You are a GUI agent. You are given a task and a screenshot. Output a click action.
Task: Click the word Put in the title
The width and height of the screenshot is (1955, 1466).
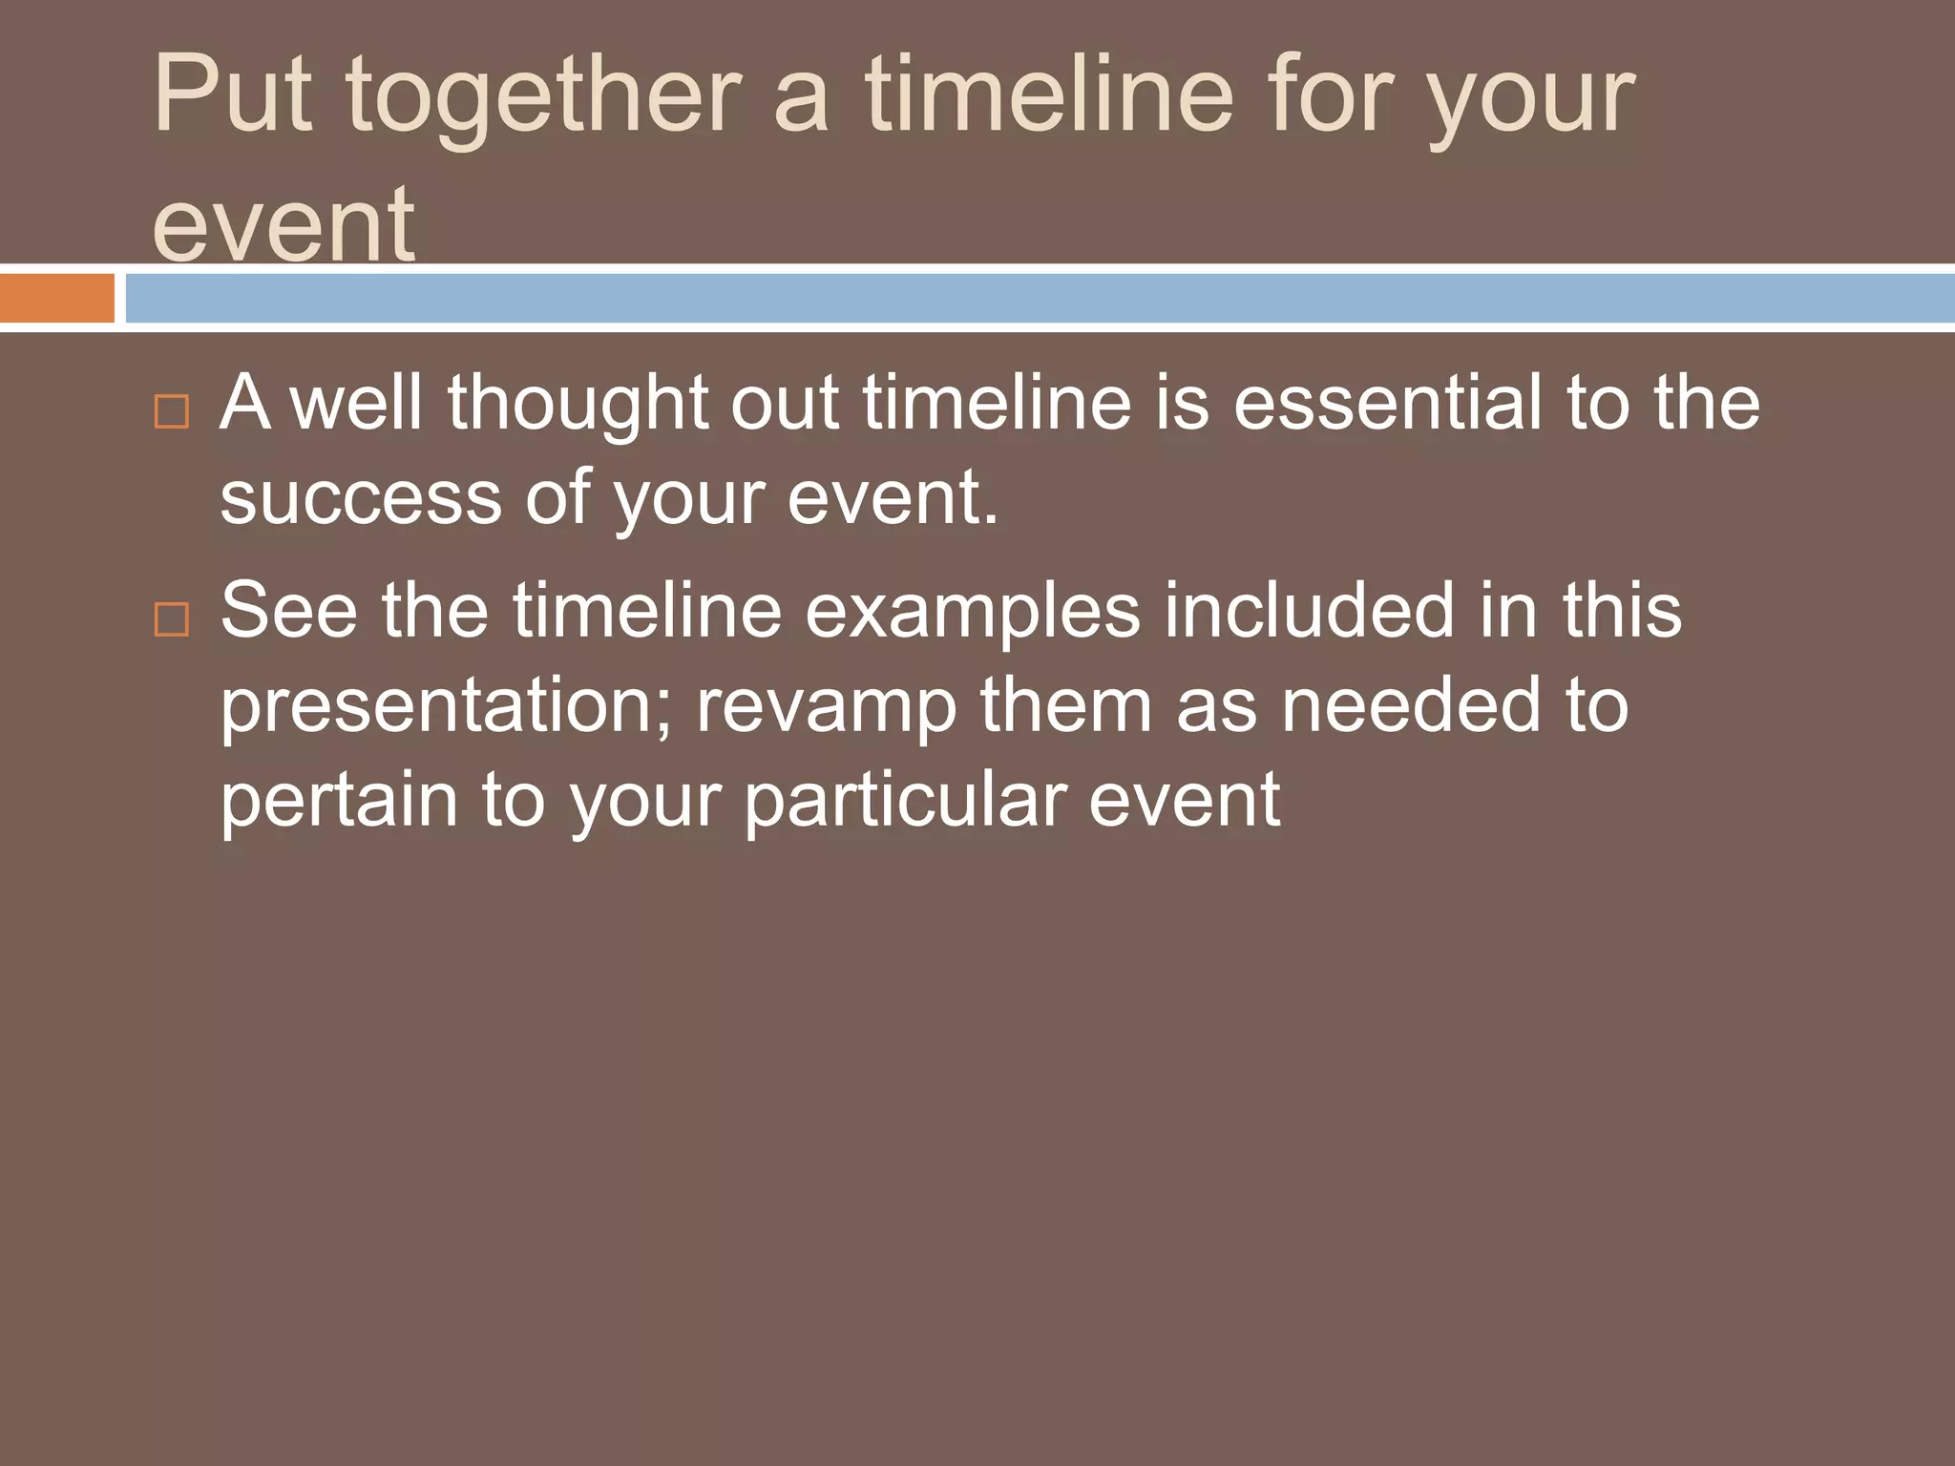point(233,95)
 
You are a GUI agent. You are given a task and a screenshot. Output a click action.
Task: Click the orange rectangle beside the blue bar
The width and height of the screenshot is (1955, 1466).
point(57,298)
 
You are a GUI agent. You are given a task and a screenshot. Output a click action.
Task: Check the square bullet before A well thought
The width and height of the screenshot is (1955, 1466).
point(172,411)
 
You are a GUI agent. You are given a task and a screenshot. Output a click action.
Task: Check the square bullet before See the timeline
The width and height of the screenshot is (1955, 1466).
point(172,619)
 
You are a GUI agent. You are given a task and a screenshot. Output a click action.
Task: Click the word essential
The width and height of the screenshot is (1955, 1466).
point(1386,403)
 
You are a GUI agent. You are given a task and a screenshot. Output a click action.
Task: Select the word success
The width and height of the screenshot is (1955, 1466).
point(361,498)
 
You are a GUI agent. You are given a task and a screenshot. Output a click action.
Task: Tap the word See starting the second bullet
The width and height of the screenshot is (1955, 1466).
point(289,611)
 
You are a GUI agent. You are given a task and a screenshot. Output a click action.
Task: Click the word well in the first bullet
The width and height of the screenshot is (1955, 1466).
point(355,403)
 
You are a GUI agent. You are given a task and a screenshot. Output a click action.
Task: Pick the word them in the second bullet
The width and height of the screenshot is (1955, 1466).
point(1065,705)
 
